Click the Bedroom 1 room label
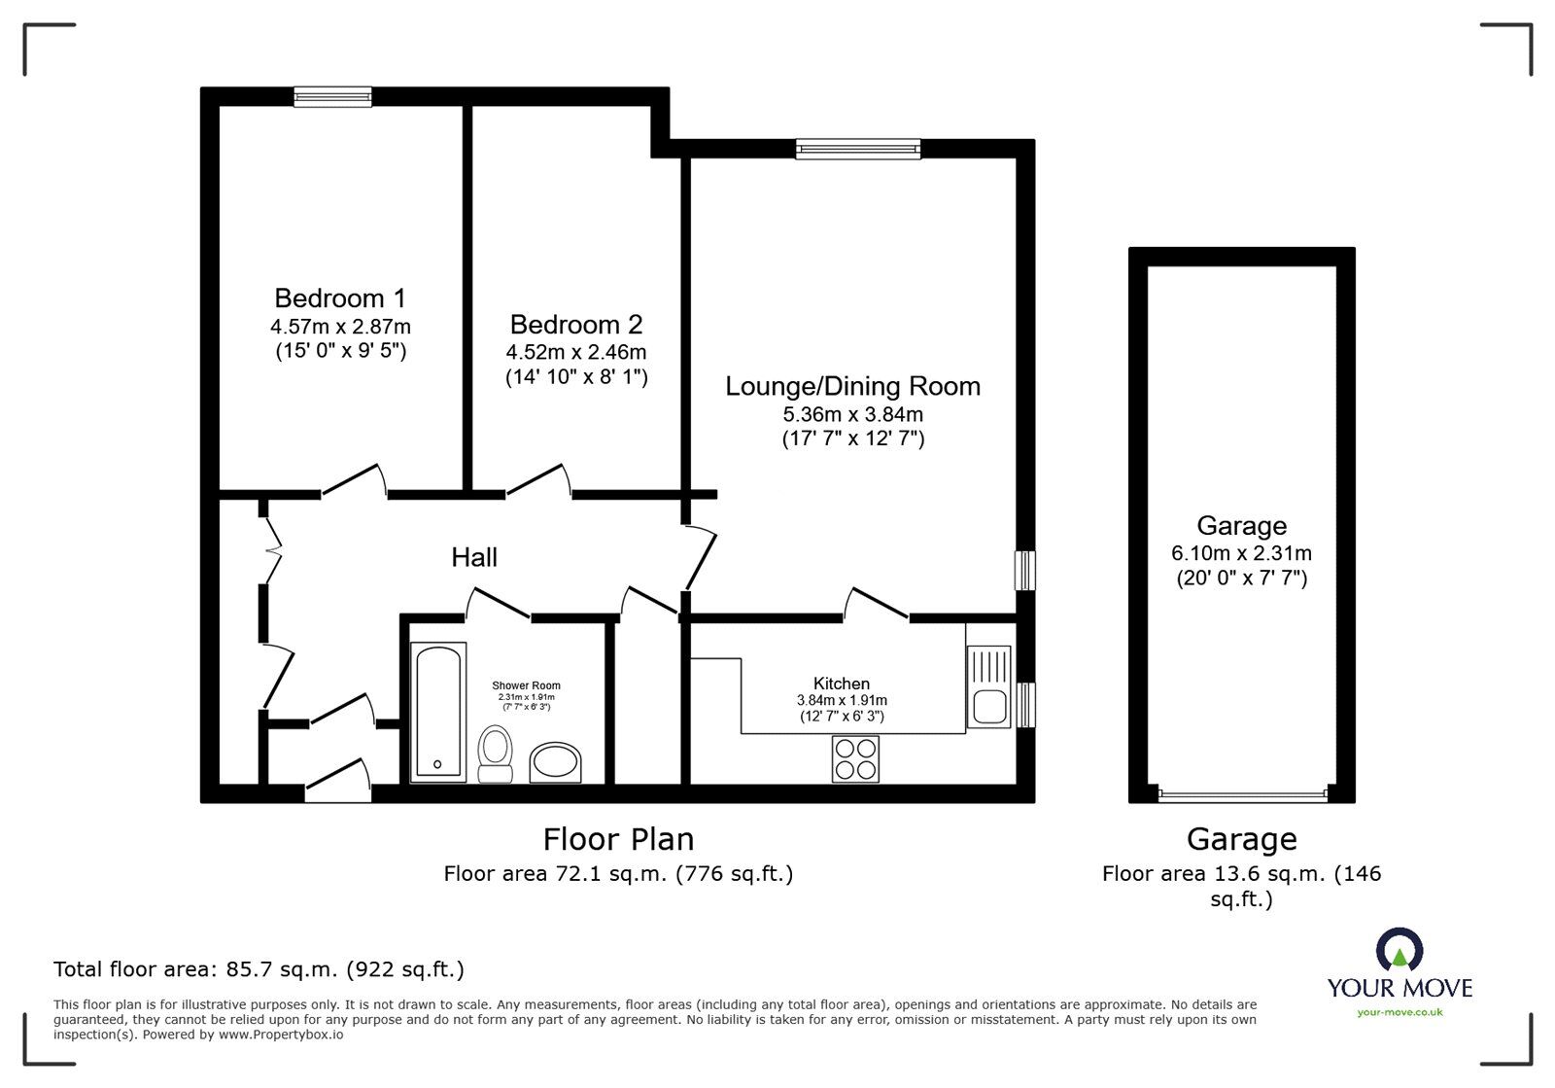pyautogui.click(x=339, y=298)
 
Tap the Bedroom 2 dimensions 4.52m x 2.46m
pyautogui.click(x=575, y=352)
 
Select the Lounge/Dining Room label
pyautogui.click(x=852, y=386)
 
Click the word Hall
pyautogui.click(x=474, y=557)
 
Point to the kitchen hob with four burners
pyautogui.click(x=855, y=758)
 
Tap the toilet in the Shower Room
pyautogui.click(x=497, y=756)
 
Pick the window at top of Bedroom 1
pyautogui.click(x=333, y=95)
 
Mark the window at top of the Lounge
pyautogui.click(x=857, y=148)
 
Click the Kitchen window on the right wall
pyautogui.click(x=1025, y=704)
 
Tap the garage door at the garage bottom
pyautogui.click(x=1241, y=794)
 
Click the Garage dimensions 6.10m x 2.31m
pyautogui.click(x=1241, y=553)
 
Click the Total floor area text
pyautogui.click(x=259, y=969)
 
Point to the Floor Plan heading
pyautogui.click(x=618, y=838)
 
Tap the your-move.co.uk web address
pyautogui.click(x=1399, y=1013)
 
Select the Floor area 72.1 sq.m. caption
pyautogui.click(x=618, y=874)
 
